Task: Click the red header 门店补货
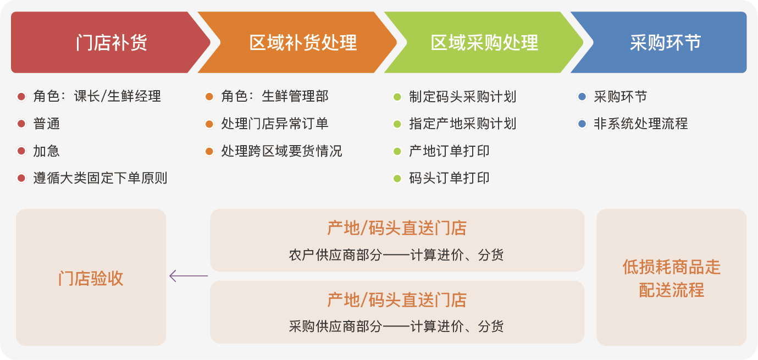[x=111, y=43]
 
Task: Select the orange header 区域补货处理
[x=303, y=43]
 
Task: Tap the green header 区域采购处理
[x=484, y=43]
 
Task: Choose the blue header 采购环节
[x=665, y=43]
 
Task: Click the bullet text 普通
[x=46, y=124]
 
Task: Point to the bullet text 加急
[x=46, y=151]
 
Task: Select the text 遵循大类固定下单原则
[x=100, y=178]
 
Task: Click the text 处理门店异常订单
[x=275, y=124]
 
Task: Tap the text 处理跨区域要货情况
[x=281, y=151]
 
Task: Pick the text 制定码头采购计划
[x=463, y=96]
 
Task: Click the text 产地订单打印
[x=449, y=151]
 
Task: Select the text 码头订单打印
[x=449, y=178]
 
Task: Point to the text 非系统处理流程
[x=641, y=124]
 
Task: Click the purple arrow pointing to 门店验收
[x=189, y=276]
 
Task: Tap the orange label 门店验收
[x=91, y=279]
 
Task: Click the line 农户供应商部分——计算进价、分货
[x=396, y=255]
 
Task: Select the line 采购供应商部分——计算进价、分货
[x=396, y=326]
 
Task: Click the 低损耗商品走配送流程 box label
[x=672, y=279]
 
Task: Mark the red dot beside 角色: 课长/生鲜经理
[x=21, y=96]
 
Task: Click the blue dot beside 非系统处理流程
[x=582, y=124]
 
